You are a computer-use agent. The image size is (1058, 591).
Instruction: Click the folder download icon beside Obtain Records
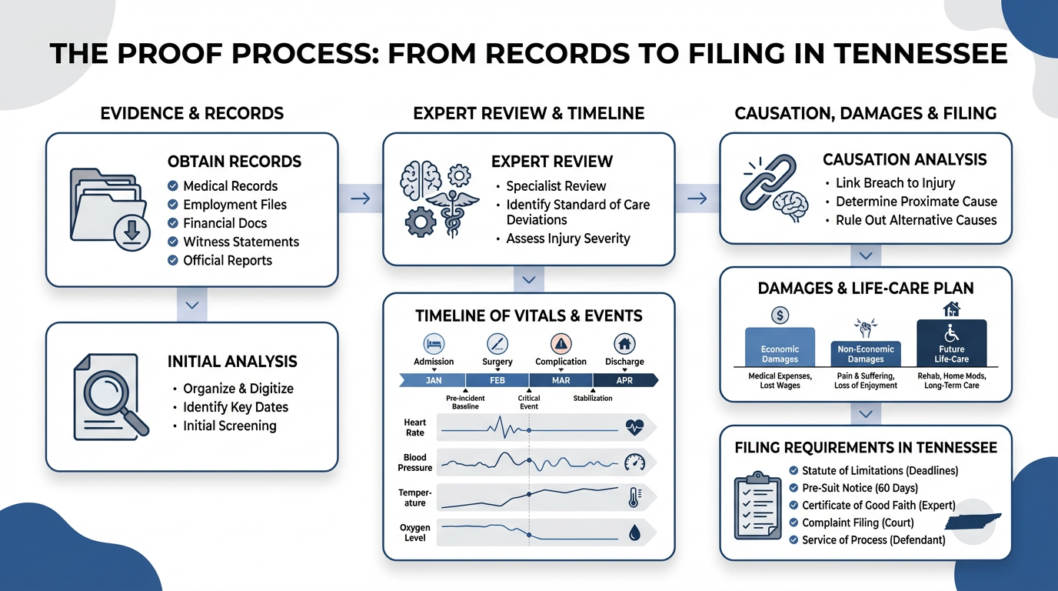(x=107, y=207)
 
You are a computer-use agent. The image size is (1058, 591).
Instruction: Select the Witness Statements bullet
(x=241, y=242)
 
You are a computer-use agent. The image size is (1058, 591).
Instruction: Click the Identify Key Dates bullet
(x=235, y=407)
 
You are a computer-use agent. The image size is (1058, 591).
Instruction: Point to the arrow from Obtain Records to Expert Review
(x=360, y=199)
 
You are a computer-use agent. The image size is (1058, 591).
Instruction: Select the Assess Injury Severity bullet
(x=567, y=239)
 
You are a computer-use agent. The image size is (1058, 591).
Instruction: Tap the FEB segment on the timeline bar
(x=497, y=380)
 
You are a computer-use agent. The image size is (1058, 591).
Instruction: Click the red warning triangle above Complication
(x=561, y=343)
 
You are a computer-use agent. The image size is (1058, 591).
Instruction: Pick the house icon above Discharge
(x=624, y=343)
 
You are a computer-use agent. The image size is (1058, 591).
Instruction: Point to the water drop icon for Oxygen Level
(x=634, y=532)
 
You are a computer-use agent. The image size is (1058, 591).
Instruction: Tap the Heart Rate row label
(x=415, y=427)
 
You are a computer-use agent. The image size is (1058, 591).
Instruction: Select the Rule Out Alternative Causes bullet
(x=916, y=220)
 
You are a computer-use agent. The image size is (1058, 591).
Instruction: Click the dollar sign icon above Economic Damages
(x=780, y=315)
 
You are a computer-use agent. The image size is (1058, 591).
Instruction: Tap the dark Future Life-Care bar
(x=951, y=344)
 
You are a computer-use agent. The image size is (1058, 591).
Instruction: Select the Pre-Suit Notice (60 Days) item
(x=860, y=488)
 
